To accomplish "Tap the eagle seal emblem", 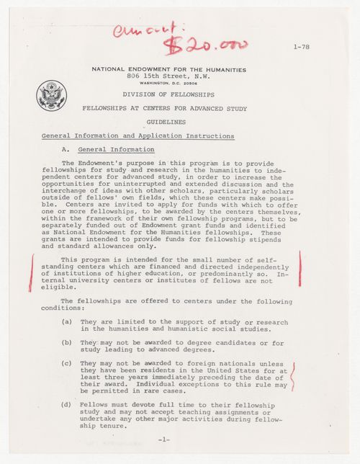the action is [x=51, y=95].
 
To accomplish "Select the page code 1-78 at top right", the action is [x=303, y=47].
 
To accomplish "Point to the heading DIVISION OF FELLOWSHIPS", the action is [x=168, y=94].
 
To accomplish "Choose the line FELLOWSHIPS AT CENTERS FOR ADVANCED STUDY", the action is [x=168, y=108].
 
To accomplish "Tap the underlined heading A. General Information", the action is [x=107, y=149].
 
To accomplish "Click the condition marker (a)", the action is [x=66, y=321].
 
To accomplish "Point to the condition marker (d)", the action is [x=66, y=405].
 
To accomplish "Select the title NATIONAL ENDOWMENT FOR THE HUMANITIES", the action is [x=168, y=69].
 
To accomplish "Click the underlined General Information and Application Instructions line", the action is [x=138, y=135].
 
